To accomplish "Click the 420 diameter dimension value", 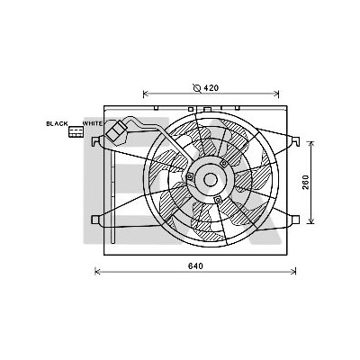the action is (211, 88).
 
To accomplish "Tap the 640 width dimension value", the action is (196, 265).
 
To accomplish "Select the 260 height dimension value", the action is (305, 182).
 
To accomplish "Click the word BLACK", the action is (57, 123).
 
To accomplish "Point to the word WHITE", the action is (93, 123).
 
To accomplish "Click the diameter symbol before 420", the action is (197, 88).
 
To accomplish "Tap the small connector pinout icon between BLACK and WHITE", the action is (76, 131).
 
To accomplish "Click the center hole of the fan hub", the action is (211, 180).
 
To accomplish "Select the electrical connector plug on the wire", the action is (116, 131).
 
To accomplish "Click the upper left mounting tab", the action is (95, 140).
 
